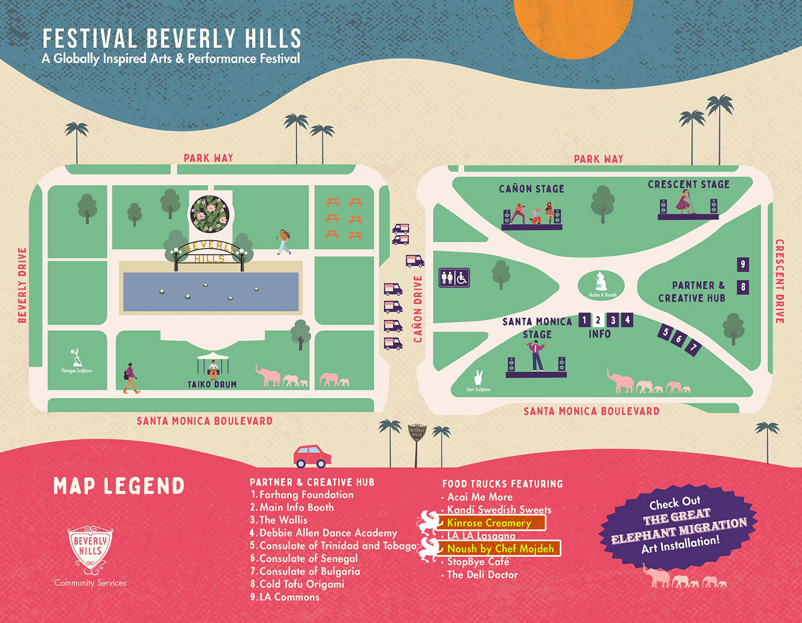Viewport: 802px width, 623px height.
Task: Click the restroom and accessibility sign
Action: (x=454, y=278)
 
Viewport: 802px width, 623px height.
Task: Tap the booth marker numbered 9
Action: (x=743, y=264)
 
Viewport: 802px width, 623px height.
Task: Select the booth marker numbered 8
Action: (x=743, y=287)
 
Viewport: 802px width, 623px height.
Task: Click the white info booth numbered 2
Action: (x=598, y=320)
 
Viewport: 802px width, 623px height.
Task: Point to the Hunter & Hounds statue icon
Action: (x=601, y=284)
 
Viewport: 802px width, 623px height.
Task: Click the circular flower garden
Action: (x=210, y=214)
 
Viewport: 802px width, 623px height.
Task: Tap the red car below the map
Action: (x=312, y=456)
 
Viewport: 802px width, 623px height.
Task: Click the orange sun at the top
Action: (x=573, y=24)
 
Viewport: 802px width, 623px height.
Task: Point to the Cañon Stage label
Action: (x=531, y=189)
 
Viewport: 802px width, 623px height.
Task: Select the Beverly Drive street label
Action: (x=22, y=285)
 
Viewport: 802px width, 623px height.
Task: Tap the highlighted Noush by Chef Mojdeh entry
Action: (x=500, y=549)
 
